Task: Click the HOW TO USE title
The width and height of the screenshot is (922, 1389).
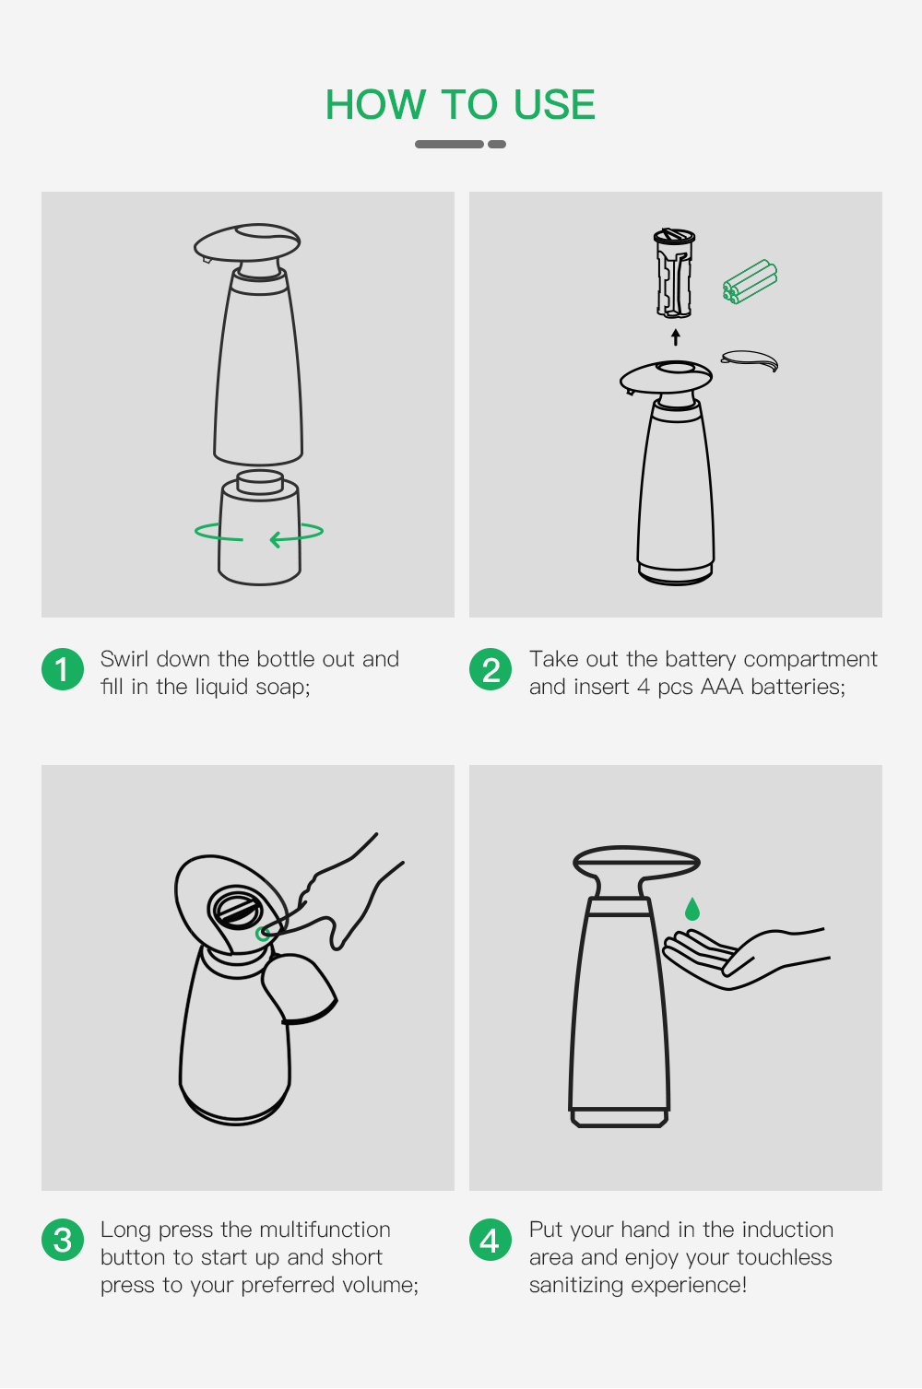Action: click(460, 104)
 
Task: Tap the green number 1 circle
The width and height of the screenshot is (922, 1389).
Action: click(63, 669)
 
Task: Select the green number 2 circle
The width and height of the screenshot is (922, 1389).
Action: click(491, 669)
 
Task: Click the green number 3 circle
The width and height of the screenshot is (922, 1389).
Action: click(63, 1241)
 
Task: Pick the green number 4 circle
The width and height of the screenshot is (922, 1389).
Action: click(491, 1241)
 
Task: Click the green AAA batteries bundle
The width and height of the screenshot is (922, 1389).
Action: click(750, 281)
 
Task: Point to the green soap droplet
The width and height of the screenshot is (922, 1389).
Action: click(691, 909)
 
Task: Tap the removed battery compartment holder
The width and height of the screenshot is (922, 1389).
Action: click(674, 273)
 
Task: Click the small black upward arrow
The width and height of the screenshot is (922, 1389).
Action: click(676, 336)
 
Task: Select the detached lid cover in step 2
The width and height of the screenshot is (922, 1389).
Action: click(750, 360)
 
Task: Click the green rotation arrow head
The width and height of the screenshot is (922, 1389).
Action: click(277, 539)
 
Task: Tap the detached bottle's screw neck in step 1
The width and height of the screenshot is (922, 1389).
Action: click(260, 482)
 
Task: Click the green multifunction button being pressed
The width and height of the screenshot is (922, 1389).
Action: click(263, 934)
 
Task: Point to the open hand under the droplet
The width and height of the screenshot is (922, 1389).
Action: click(745, 958)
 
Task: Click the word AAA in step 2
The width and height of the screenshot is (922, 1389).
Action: click(722, 687)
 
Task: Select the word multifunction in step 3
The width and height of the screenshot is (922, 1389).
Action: click(325, 1229)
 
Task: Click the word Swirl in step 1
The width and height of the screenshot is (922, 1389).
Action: click(124, 658)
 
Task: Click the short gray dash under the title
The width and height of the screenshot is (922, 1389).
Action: click(496, 145)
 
